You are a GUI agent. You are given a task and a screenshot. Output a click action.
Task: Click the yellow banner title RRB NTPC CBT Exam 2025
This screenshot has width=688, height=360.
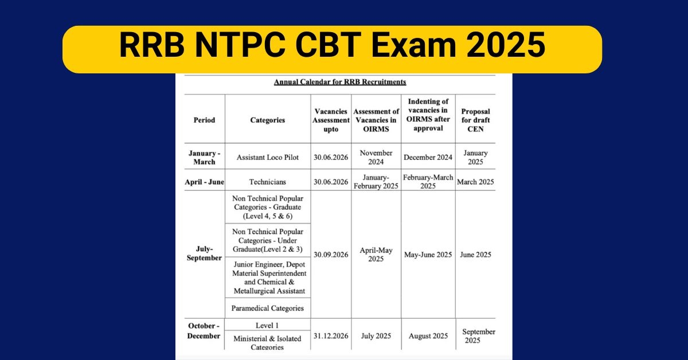[x=332, y=45]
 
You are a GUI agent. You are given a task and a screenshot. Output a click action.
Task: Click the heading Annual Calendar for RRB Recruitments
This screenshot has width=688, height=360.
[x=340, y=82]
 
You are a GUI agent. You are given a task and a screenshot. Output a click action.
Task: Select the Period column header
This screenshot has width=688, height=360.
[x=204, y=120]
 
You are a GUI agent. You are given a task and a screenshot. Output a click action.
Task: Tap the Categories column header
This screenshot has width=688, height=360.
[x=268, y=120]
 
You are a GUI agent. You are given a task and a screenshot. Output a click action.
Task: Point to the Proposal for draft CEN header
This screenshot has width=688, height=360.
[x=475, y=120]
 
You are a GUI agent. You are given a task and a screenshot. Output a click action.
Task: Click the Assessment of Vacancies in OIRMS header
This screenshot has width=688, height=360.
[x=376, y=120]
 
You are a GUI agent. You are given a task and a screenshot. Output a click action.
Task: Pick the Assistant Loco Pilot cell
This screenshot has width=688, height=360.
[x=268, y=157]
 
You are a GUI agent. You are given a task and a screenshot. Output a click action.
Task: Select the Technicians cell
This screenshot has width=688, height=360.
[x=268, y=182]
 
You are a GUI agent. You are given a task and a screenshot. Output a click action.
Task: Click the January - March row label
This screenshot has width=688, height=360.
[x=204, y=157]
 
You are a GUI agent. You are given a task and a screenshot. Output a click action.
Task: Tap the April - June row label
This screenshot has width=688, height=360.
[x=204, y=182]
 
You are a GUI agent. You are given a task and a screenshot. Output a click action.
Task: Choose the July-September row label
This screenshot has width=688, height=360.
[x=204, y=253]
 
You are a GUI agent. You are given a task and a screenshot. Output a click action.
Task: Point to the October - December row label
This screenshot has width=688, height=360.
[x=204, y=331]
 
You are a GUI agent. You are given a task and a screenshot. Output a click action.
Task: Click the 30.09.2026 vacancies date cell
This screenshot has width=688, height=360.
[x=331, y=255]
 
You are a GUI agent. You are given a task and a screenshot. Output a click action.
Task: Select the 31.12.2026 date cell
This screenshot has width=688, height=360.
[x=331, y=336]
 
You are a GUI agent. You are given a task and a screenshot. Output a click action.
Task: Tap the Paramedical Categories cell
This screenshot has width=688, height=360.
[x=268, y=308]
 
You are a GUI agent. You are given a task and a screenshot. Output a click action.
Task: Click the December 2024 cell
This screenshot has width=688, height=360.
[x=428, y=157]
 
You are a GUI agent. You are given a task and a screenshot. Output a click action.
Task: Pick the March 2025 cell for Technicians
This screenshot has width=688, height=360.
[x=475, y=182]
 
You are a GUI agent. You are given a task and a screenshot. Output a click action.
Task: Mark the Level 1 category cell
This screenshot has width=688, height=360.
[x=267, y=325]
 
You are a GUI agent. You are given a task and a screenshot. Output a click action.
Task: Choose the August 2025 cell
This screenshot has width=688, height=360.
[x=428, y=336]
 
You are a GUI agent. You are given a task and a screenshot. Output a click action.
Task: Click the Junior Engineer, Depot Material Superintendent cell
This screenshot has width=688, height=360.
[x=269, y=277]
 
